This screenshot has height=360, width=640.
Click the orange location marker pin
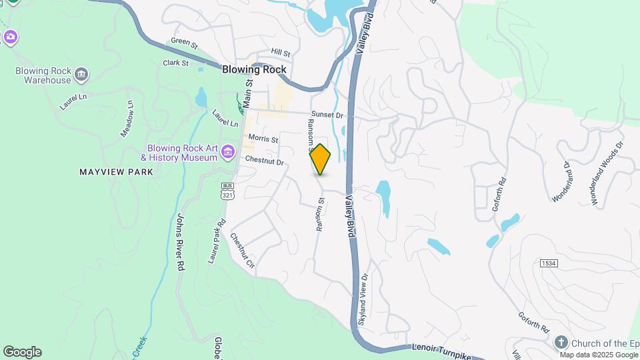(x=321, y=160)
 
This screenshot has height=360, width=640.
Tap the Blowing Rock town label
(x=254, y=69)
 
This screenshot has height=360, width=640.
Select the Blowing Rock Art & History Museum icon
(x=228, y=152)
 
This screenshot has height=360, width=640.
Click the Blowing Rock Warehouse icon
(x=81, y=73)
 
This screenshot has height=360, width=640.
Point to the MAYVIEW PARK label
(x=117, y=172)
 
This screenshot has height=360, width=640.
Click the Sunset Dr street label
(x=327, y=115)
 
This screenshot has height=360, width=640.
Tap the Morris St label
(x=263, y=139)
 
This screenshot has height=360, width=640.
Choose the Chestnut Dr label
(x=264, y=161)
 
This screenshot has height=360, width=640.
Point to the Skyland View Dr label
(x=363, y=300)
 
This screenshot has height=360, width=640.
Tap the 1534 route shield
(x=549, y=263)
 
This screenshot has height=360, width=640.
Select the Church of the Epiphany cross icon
(x=561, y=342)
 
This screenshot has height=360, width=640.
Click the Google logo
(x=22, y=352)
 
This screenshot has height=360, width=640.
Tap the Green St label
(x=185, y=41)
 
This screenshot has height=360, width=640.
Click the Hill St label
(x=281, y=53)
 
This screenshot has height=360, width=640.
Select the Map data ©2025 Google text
(x=598, y=355)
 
